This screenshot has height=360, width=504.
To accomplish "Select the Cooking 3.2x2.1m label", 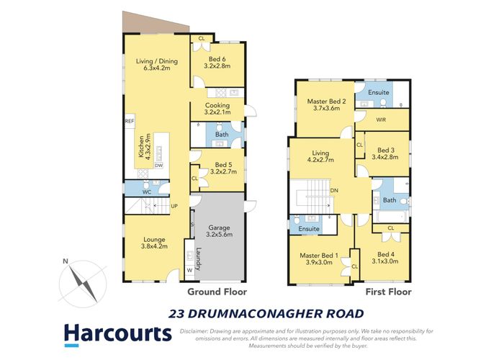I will tap(217, 109).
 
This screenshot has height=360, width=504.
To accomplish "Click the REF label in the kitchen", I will tap(129, 121).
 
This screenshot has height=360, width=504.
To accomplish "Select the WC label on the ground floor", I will tap(145, 192).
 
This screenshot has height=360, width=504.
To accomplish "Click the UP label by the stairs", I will tap(174, 206).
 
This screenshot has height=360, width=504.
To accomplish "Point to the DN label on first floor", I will tap(334, 190).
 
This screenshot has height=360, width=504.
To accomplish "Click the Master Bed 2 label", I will tap(323, 106).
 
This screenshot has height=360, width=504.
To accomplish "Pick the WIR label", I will tap(381, 120).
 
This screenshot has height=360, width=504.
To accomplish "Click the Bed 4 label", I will tap(386, 258).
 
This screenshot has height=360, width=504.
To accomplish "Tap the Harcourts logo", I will tap(117, 333).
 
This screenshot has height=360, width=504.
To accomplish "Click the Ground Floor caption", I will tap(217, 292).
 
